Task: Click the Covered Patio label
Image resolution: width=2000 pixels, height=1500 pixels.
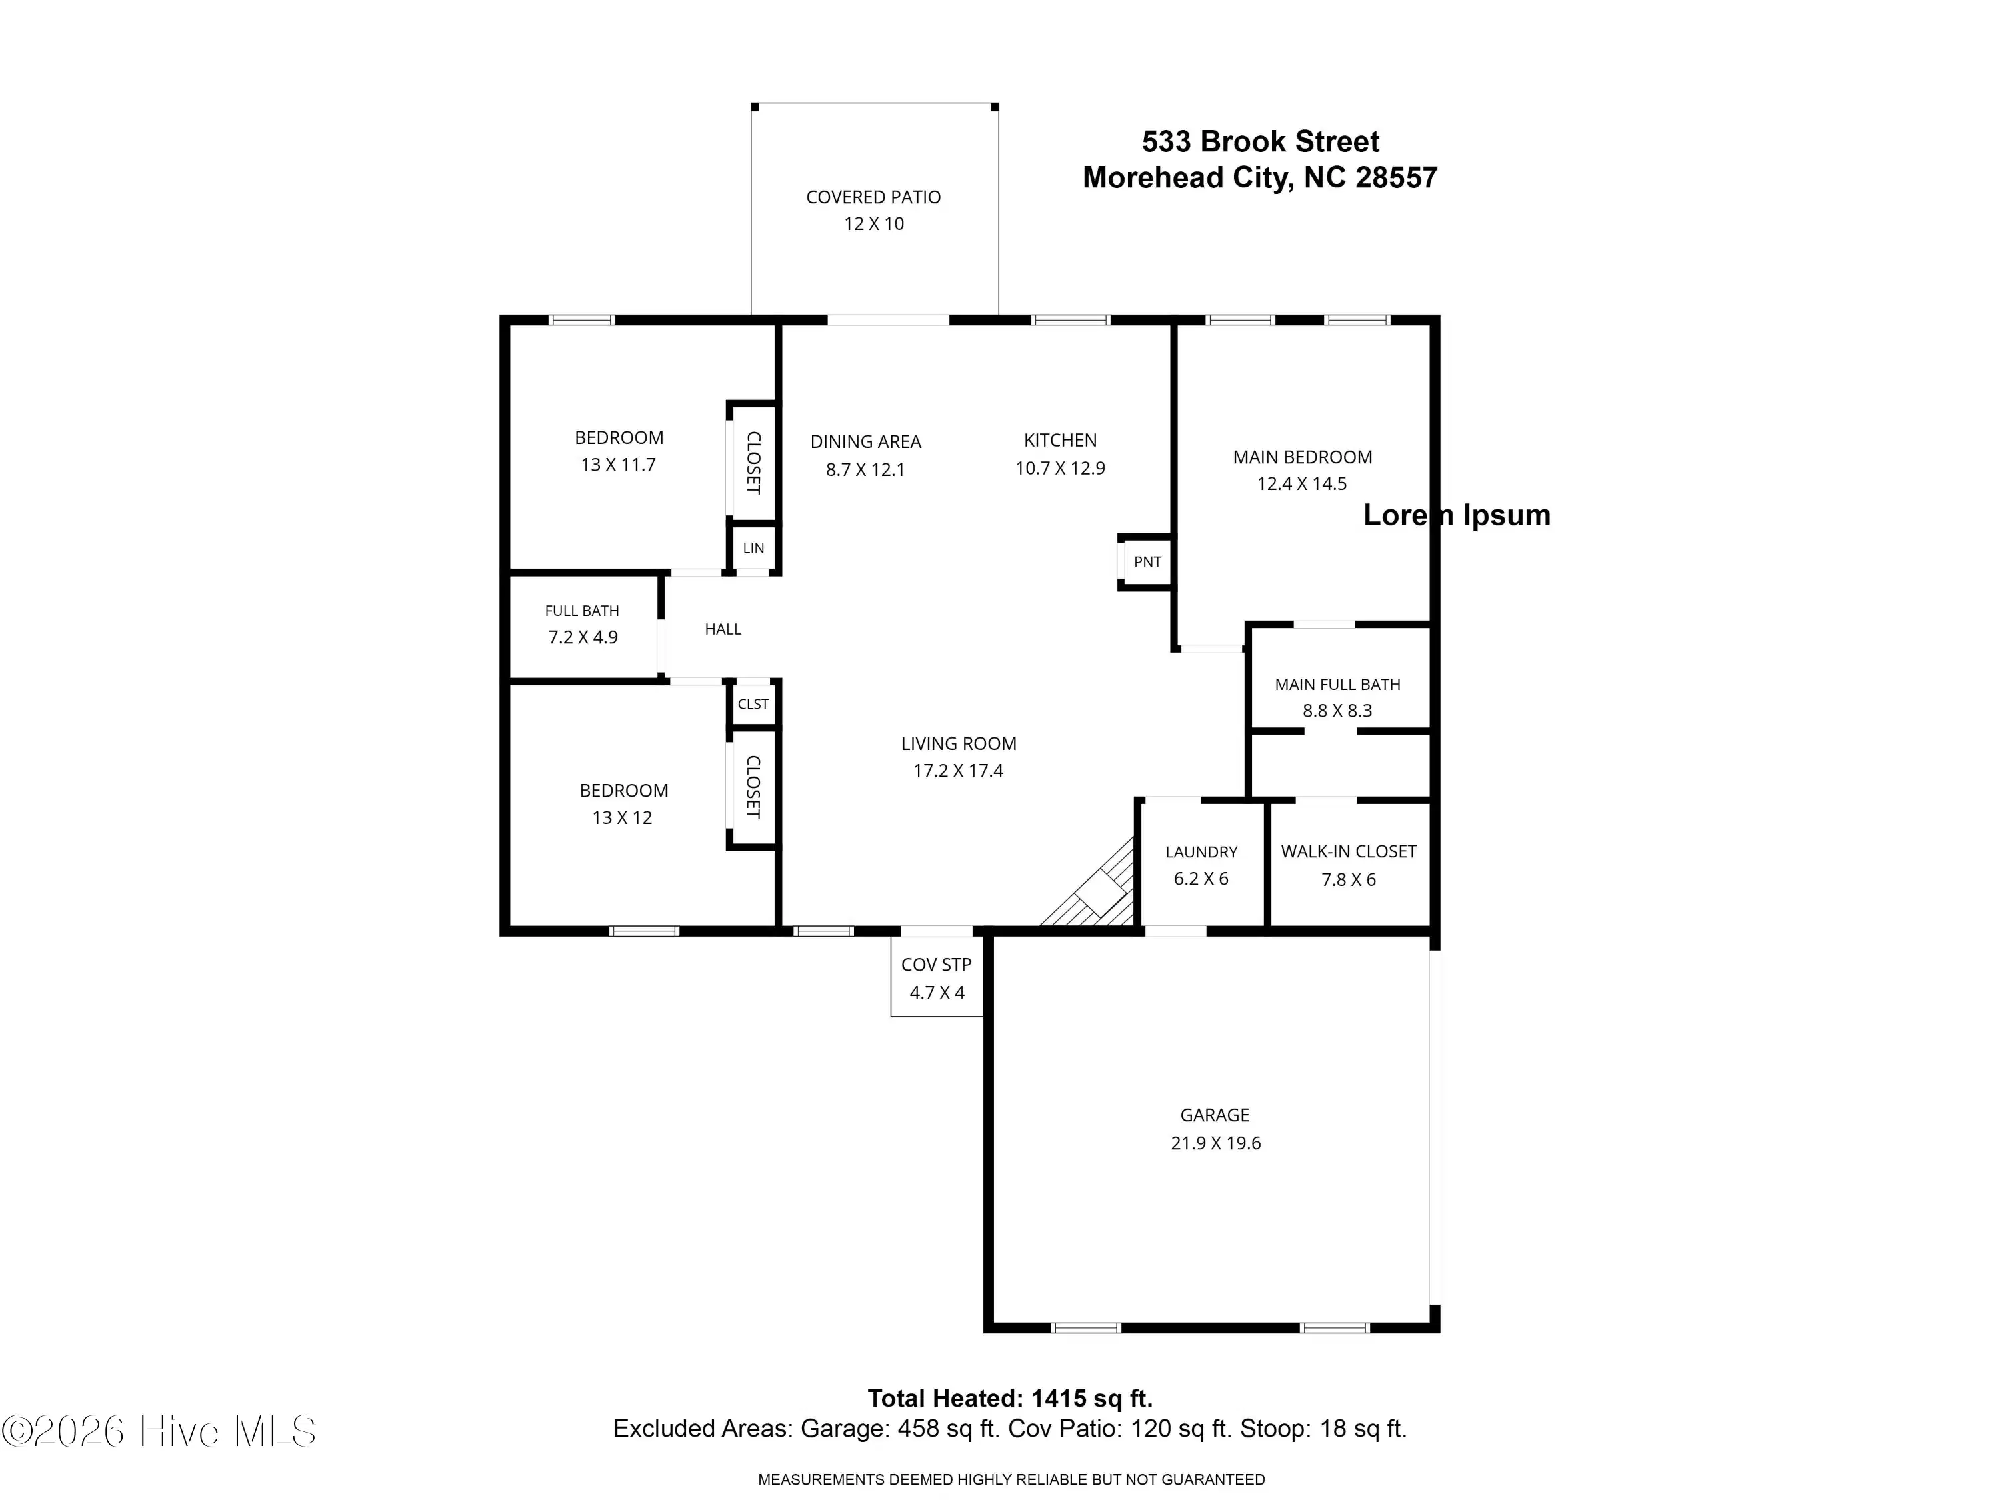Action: click(x=873, y=197)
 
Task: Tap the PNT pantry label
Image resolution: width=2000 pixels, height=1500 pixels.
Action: click(x=1147, y=561)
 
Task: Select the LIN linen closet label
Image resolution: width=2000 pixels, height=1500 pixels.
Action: click(x=753, y=548)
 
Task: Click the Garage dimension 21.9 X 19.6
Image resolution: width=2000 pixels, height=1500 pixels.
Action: click(x=1215, y=1143)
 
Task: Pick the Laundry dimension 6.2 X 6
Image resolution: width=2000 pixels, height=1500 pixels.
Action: click(x=1201, y=879)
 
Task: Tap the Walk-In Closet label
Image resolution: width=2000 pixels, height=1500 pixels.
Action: click(x=1348, y=852)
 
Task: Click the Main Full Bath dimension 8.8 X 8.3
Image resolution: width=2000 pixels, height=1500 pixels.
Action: click(x=1337, y=711)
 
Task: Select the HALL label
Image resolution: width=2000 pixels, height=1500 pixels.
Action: click(x=723, y=629)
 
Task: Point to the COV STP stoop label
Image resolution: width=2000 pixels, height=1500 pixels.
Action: click(x=936, y=965)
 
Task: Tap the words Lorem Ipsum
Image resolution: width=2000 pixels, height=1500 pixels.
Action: click(x=1457, y=515)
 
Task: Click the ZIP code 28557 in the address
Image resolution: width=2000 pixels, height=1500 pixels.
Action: click(x=1396, y=177)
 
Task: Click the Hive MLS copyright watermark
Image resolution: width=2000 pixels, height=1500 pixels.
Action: click(x=159, y=1431)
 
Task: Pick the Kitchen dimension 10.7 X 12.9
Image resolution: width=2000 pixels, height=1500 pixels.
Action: click(x=1060, y=469)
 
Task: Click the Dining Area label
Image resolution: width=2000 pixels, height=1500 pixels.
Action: click(x=865, y=442)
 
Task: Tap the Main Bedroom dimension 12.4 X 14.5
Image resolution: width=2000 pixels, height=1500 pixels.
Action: click(x=1302, y=484)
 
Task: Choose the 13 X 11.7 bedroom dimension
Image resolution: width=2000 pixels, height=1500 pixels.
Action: click(x=619, y=465)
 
